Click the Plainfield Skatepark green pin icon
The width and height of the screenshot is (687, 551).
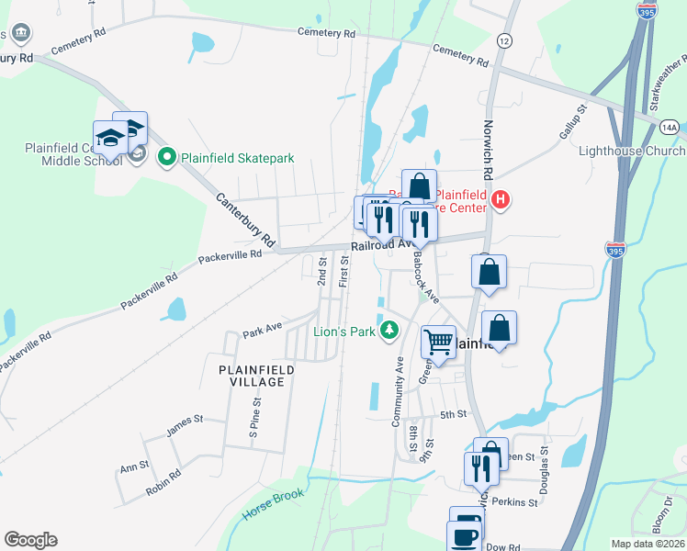coord(166,158)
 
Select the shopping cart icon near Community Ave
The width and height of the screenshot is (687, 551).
coord(439,343)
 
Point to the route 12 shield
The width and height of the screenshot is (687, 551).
coord(503,40)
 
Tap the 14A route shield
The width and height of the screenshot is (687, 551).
coord(670,129)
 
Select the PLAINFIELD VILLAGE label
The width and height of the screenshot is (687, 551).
coord(256,375)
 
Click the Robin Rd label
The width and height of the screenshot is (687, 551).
coord(163,487)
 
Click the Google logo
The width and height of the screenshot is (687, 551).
coord(30,540)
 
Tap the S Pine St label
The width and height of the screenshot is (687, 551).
coord(254,418)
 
